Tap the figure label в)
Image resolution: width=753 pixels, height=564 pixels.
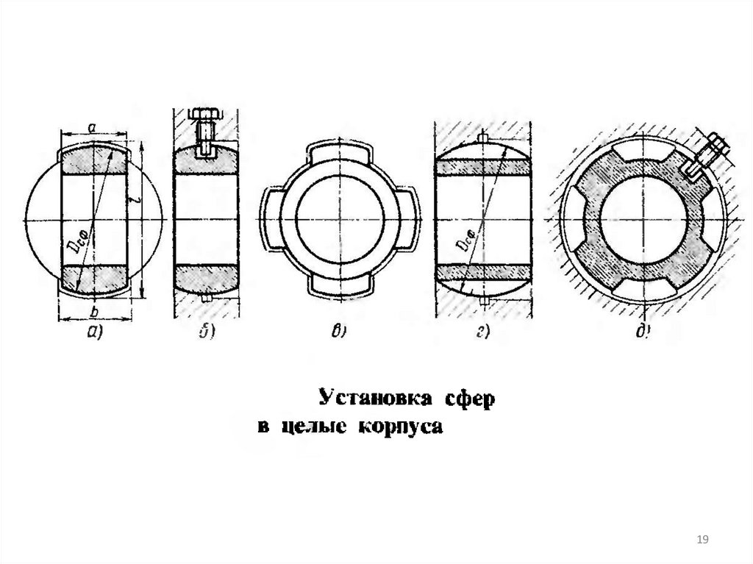coord(339,332)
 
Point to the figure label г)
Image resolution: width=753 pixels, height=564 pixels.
coord(482,332)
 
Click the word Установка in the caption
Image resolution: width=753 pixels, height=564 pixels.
coord(371,399)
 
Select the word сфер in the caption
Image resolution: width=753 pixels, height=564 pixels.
coord(467,399)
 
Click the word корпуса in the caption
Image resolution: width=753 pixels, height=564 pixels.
coord(401,428)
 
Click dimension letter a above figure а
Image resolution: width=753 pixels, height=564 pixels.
coord(92,127)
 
